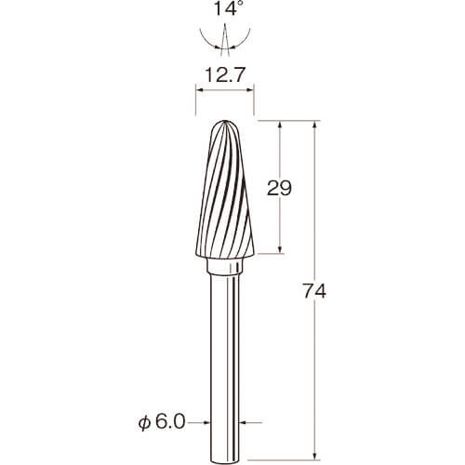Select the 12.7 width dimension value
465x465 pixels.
[225, 74]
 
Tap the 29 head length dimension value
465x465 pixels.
[279, 188]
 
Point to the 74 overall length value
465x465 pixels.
[314, 291]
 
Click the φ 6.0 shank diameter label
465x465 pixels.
[162, 422]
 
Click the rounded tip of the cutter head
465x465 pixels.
[225, 122]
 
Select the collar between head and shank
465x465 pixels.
[224, 267]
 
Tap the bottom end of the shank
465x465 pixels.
[225, 461]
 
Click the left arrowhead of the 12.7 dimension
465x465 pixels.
[199, 90]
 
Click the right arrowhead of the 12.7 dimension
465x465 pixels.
[250, 90]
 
